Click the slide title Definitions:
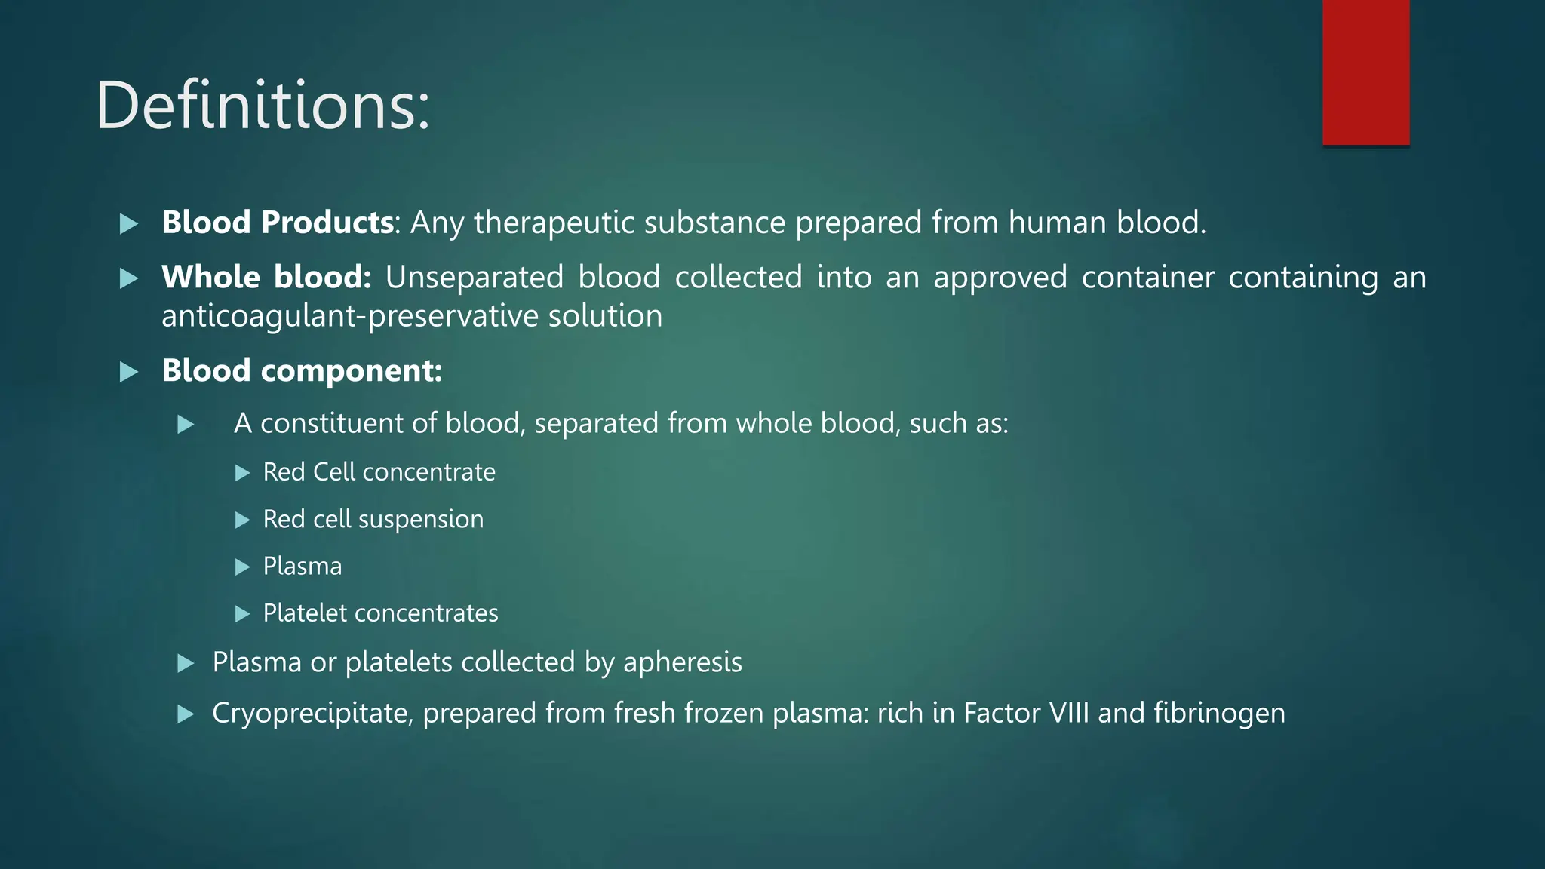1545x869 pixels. [x=263, y=106]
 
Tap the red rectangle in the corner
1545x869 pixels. [x=1365, y=72]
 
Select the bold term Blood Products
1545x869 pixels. [x=277, y=223]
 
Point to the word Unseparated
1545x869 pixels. [x=474, y=278]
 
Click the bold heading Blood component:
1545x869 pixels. [x=302, y=371]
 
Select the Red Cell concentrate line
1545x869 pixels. [x=379, y=472]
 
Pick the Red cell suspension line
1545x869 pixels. [x=373, y=520]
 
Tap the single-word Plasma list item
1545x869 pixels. [x=302, y=567]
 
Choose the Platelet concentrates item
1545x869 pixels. [x=380, y=613]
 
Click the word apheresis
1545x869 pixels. [x=682, y=663]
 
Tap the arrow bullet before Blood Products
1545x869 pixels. [x=129, y=224]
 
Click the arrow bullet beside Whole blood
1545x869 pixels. [x=129, y=279]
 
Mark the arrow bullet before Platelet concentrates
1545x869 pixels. [x=242, y=614]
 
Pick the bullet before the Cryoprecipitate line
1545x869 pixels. [x=186, y=714]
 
